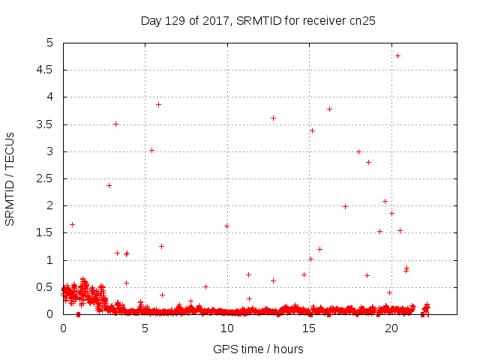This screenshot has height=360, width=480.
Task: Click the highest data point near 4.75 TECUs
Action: pos(397,55)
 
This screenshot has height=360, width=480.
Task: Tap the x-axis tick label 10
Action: pos(227,328)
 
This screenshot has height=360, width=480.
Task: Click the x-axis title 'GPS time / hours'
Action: pos(259,349)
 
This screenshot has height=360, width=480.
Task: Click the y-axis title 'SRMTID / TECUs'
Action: pos(10,178)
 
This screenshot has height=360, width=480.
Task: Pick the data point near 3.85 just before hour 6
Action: pos(158,104)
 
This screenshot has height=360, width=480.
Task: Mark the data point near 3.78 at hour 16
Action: pos(329,109)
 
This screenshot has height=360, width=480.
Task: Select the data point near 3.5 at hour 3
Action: pos(115,124)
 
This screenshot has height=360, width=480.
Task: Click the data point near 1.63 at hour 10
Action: pos(226,226)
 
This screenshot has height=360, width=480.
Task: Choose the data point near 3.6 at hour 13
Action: pos(273,118)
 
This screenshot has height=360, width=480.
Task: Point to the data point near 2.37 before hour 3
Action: pos(109,185)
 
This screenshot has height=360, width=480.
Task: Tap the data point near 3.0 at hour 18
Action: pos(358,151)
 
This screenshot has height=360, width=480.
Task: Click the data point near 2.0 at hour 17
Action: pos(345,206)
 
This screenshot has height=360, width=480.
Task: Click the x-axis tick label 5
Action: pos(145,328)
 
